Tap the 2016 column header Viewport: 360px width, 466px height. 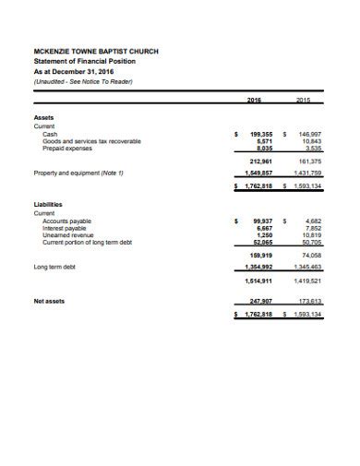256,100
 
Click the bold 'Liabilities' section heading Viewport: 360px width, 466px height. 48,205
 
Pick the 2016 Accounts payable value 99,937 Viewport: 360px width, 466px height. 261,221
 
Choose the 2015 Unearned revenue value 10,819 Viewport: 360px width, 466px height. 309,234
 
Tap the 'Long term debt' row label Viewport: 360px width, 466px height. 54,267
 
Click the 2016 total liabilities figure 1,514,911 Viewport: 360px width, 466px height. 258,280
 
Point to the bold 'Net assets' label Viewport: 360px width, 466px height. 49,301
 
